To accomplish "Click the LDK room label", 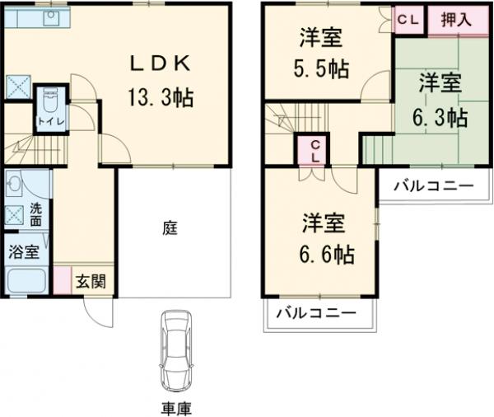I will click(161, 64).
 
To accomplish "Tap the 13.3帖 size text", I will click(161, 97).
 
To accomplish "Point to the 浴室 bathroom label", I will click(22, 251).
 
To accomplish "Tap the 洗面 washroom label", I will click(36, 214).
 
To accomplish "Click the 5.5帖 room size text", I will click(321, 68).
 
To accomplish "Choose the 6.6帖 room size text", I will click(327, 255).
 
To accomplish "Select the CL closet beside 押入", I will click(408, 18).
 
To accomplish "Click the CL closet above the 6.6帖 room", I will click(315, 151).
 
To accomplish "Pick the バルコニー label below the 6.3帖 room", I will click(432, 185).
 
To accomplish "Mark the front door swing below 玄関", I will click(96, 311).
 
